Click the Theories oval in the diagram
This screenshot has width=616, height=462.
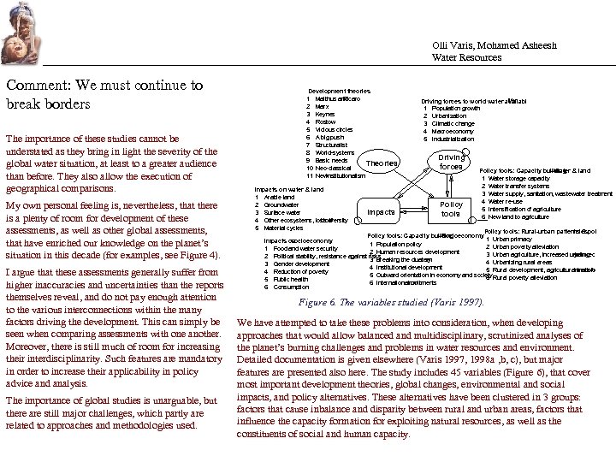(382, 163)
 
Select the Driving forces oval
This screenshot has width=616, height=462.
(451, 162)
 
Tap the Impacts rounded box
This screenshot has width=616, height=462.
(381, 211)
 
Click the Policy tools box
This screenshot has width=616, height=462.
(451, 210)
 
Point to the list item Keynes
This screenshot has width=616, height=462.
(324, 115)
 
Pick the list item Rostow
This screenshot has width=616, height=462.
(325, 122)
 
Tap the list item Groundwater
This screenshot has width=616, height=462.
(281, 204)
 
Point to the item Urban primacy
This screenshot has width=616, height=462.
(514, 240)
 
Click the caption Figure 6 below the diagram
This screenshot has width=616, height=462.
(390, 302)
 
